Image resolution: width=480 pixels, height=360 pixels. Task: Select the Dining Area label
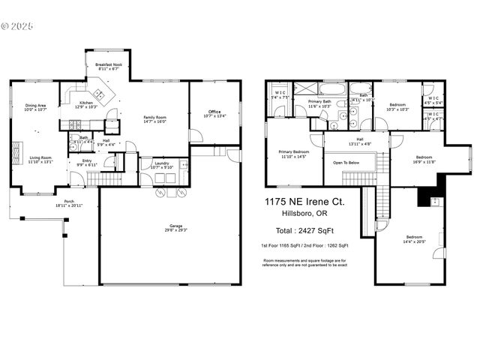[x=35, y=107]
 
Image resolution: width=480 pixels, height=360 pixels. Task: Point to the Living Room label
[x=40, y=159]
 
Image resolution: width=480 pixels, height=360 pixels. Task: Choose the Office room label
[x=214, y=113]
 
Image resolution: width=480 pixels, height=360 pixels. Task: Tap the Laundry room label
[x=162, y=165]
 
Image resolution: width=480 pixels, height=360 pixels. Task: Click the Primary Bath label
[x=319, y=103]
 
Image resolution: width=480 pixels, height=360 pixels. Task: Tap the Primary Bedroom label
[x=293, y=154]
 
